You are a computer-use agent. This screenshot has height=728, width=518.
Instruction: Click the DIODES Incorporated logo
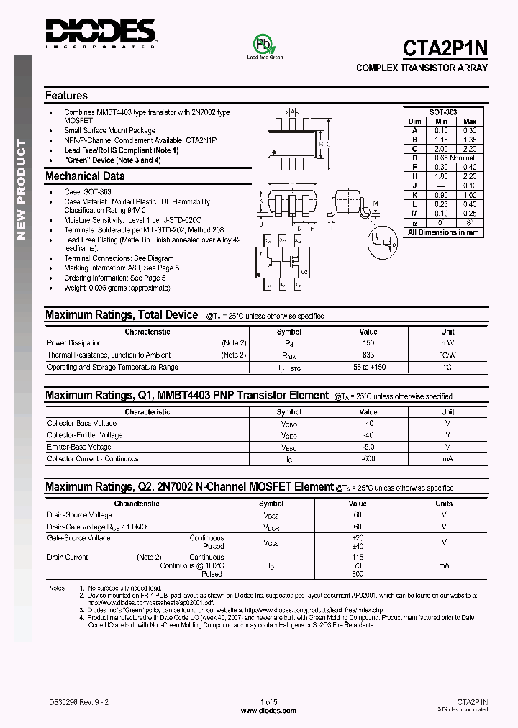[x=100, y=33]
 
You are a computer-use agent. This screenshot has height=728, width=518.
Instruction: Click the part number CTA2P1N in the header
[x=445, y=48]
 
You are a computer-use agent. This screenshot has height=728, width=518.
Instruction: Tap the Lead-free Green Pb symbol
[x=264, y=44]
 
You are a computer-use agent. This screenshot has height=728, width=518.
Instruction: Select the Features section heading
[x=66, y=96]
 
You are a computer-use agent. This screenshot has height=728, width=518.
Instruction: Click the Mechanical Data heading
[x=85, y=176]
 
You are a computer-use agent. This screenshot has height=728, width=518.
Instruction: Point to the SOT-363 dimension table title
[x=442, y=113]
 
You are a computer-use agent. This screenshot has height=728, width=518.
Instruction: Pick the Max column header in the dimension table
[x=470, y=122]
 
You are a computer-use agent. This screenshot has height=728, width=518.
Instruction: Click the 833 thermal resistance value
[x=368, y=355]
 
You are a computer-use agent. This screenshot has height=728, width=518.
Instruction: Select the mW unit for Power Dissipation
[x=447, y=344]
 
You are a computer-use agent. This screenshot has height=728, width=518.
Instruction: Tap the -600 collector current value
[x=368, y=459]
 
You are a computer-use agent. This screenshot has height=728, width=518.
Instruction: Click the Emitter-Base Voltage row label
[x=79, y=447]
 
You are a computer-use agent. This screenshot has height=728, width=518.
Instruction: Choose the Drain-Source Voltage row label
[x=79, y=515]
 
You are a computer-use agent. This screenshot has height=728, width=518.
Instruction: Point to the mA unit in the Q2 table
[x=444, y=566]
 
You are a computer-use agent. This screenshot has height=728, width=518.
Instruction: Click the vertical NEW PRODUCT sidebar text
[x=21, y=190]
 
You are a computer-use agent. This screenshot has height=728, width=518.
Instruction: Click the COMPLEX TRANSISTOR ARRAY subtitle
[x=422, y=68]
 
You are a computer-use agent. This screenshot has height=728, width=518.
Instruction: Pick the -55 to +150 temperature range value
[x=368, y=367]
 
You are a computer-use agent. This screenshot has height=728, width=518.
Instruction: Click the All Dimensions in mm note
[x=442, y=232]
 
